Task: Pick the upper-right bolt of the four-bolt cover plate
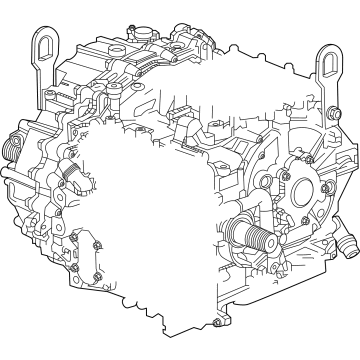coord(97,243)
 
